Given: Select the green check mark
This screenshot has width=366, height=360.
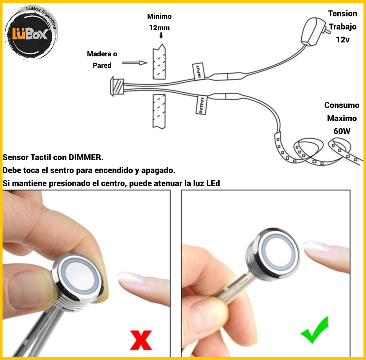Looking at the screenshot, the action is [x=315, y=330].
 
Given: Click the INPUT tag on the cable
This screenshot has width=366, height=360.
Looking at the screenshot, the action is [x=199, y=71].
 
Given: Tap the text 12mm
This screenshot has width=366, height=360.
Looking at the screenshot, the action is [x=159, y=28].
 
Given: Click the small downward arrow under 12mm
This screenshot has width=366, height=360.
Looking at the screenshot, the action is [x=161, y=35].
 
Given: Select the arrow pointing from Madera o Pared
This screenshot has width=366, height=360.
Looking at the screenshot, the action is [x=135, y=63].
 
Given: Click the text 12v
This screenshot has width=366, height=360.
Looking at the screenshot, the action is [x=343, y=40].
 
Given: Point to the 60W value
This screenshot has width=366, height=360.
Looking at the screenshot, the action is [x=342, y=131].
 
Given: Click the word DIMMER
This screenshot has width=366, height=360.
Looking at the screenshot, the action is [x=86, y=157].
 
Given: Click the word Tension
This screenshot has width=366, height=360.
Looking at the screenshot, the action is [x=343, y=14].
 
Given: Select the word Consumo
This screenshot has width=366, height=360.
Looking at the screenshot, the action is [x=342, y=105].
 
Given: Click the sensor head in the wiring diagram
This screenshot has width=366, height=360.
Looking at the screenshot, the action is [x=117, y=86].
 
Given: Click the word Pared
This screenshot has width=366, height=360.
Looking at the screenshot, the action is [x=102, y=66].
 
